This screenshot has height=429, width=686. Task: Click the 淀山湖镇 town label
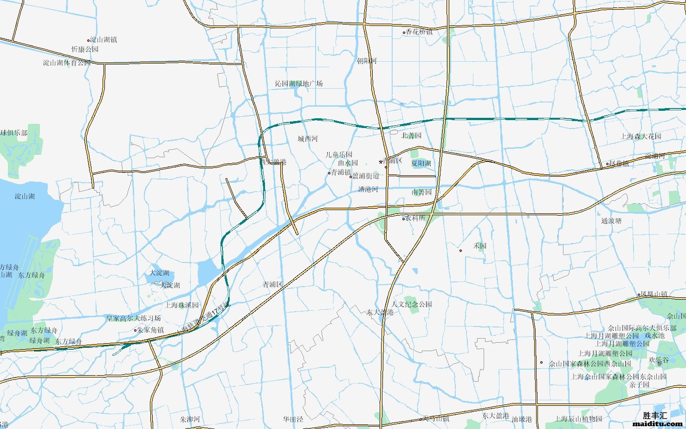coord(104,40)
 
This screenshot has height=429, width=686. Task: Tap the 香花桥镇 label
coord(419,32)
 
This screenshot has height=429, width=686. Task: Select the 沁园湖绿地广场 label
coord(298,83)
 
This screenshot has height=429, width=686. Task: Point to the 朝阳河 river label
coord(367,61)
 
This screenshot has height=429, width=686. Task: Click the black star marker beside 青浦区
coord(381,162)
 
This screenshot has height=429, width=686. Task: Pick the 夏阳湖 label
coord(421,163)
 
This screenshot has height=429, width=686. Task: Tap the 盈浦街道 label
coord(366,176)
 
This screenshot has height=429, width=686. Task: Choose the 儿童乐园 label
coord(339,154)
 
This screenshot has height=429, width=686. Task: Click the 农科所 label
coord(415,218)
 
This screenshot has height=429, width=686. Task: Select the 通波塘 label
coord(611,221)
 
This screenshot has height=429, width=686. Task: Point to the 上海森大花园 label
coord(641,136)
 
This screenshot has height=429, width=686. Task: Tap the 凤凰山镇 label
coord(654,294)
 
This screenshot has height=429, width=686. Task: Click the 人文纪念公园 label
coord(412,304)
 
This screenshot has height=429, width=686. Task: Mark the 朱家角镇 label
coord(151,330)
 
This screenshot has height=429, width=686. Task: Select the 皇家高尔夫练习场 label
coord(133,318)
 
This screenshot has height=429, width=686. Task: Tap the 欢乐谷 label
coord(659,360)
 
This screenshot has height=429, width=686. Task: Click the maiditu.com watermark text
coord(658,423)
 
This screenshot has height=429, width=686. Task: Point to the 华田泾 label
coord(293,419)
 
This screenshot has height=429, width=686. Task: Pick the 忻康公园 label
coord(85,49)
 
